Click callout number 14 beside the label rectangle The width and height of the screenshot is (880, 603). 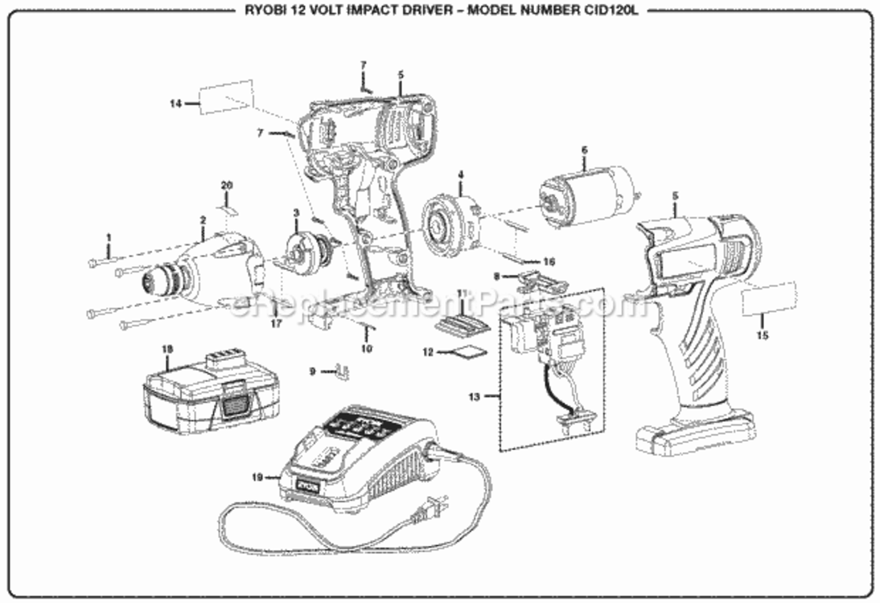tap(175, 102)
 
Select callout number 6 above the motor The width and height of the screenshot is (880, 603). tap(585, 150)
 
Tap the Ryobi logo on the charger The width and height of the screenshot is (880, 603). tap(306, 486)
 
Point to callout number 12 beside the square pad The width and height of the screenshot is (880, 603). tap(428, 352)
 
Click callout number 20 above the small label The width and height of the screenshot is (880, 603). tap(227, 186)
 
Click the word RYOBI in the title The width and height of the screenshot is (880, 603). tap(259, 12)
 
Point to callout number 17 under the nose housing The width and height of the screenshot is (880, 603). tap(276, 324)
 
